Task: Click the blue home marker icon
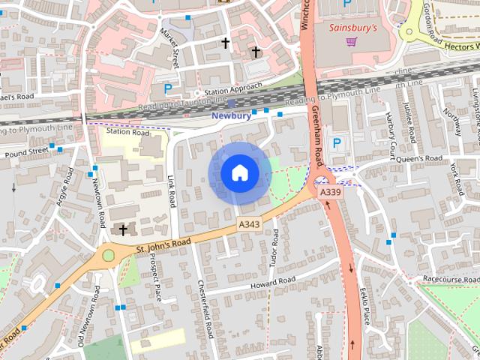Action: tap(240, 173)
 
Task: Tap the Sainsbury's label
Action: tap(353, 27)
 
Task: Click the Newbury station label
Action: tap(231, 115)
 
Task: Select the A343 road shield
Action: tap(249, 224)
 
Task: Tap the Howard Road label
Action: tap(274, 283)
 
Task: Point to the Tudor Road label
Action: tap(274, 249)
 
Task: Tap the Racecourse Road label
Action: tap(450, 278)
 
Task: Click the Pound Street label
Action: tap(28, 153)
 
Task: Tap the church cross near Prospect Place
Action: tap(123, 229)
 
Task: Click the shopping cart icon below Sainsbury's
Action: tap(351, 41)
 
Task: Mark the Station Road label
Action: tap(127, 132)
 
